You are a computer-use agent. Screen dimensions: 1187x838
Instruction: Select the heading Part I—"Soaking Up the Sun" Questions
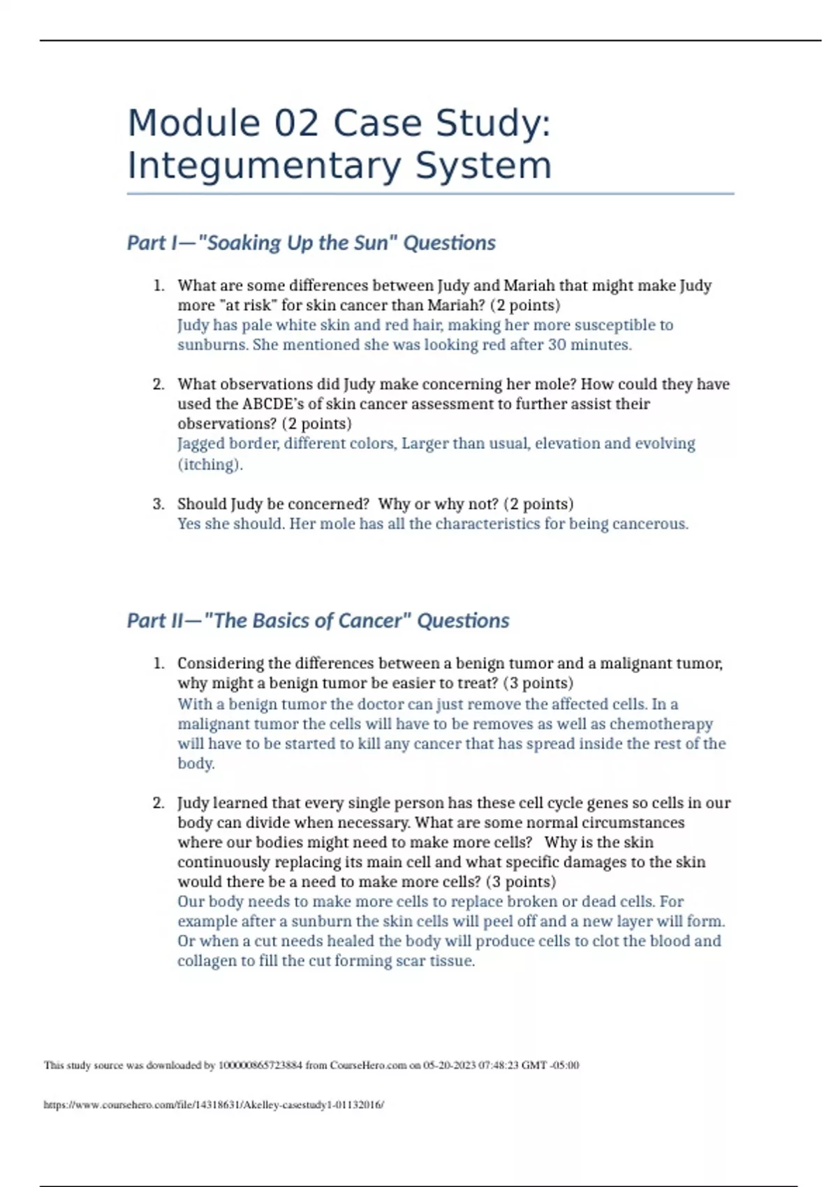[311, 243]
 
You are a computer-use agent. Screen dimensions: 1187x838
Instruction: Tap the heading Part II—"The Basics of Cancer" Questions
[318, 621]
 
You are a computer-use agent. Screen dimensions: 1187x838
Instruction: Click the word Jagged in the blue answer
[200, 444]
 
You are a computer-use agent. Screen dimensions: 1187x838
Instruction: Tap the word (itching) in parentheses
[209, 465]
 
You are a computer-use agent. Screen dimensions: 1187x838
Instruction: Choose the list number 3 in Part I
[159, 504]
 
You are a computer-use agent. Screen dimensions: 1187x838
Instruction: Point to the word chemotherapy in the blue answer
[661, 724]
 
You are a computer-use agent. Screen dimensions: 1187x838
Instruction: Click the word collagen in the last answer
[207, 961]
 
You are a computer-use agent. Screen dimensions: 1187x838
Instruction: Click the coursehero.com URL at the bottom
[214, 1105]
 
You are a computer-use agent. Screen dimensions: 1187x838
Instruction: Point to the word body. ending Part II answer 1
[196, 764]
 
